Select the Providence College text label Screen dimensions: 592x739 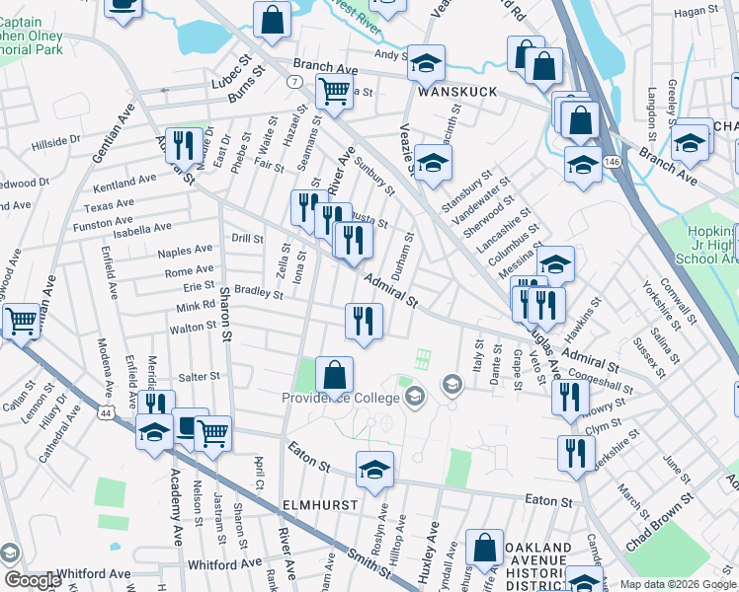pos(342,398)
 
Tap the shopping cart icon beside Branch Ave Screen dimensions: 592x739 pos(335,93)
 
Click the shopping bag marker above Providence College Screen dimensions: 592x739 pos(335,376)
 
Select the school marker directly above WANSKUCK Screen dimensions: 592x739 pos(426,63)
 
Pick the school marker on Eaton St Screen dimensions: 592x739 pos(374,471)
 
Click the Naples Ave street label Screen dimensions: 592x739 pos(188,252)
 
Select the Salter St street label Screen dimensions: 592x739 pos(200,377)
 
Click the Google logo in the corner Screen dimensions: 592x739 pos(33,579)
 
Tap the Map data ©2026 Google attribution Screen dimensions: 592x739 pos(677,584)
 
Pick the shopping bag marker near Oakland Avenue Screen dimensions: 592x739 pos(484,551)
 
